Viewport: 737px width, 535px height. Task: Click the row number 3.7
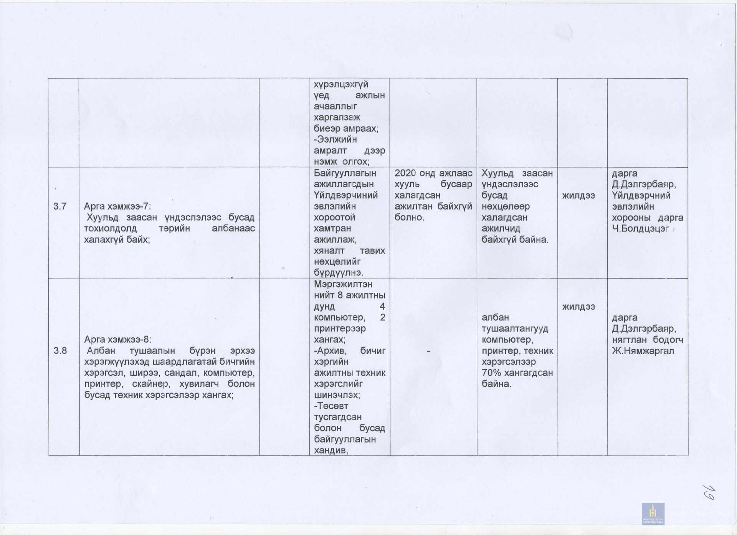(x=60, y=206)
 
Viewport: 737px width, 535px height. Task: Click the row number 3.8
(x=60, y=351)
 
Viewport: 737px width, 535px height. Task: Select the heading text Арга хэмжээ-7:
(x=117, y=206)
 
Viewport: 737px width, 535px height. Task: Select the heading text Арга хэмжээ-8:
(x=117, y=340)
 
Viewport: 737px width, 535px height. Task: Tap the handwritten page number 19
(x=708, y=492)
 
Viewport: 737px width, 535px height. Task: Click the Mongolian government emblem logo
(x=653, y=514)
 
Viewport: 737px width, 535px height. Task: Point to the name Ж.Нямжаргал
(x=643, y=351)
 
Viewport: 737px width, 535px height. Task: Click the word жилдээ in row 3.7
(x=578, y=196)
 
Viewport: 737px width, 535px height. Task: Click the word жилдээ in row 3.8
(x=578, y=307)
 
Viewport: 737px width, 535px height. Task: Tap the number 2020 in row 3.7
(x=405, y=173)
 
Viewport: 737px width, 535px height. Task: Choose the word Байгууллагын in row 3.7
(x=345, y=173)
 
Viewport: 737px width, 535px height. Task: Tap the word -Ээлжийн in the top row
(x=335, y=140)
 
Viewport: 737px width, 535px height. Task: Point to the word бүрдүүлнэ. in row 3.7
(x=339, y=273)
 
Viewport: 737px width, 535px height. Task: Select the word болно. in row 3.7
(x=410, y=218)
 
